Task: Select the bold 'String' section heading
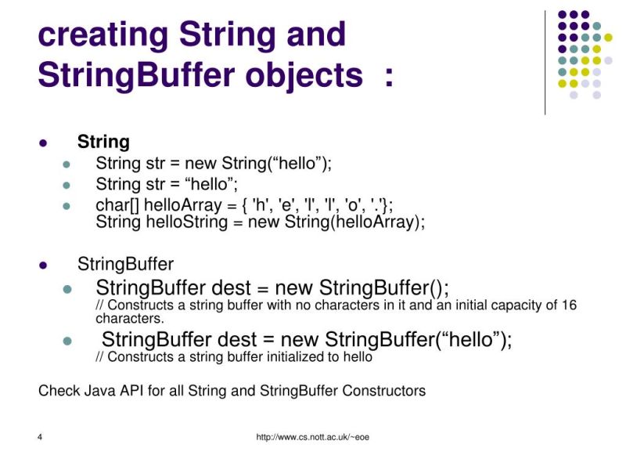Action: click(103, 142)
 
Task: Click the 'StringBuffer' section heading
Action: click(125, 263)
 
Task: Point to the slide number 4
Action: click(39, 437)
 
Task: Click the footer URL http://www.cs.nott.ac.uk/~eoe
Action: click(312, 437)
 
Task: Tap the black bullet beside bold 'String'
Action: click(44, 143)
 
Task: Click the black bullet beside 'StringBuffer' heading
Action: click(44, 264)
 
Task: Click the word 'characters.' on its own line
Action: click(129, 319)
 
